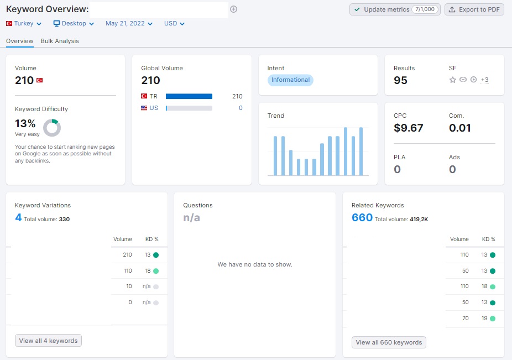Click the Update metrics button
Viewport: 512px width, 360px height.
click(395, 9)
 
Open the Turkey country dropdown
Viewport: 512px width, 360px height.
click(24, 24)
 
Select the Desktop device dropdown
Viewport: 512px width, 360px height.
click(74, 24)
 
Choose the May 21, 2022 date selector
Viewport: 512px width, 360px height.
click(129, 24)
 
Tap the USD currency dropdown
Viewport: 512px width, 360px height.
click(174, 24)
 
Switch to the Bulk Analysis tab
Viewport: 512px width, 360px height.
click(60, 41)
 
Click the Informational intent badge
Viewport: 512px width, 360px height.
click(290, 80)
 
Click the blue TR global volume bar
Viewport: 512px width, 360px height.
click(189, 96)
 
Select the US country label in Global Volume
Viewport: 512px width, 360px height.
click(154, 108)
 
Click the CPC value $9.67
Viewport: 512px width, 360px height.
click(408, 128)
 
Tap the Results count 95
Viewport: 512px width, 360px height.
click(400, 80)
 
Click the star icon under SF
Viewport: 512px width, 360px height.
click(453, 80)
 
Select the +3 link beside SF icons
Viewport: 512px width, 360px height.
click(484, 80)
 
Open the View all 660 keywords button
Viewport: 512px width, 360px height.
click(389, 342)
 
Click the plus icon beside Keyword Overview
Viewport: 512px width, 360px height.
click(233, 9)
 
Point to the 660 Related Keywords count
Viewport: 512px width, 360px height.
click(362, 217)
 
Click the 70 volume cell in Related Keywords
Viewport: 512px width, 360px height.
click(466, 318)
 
